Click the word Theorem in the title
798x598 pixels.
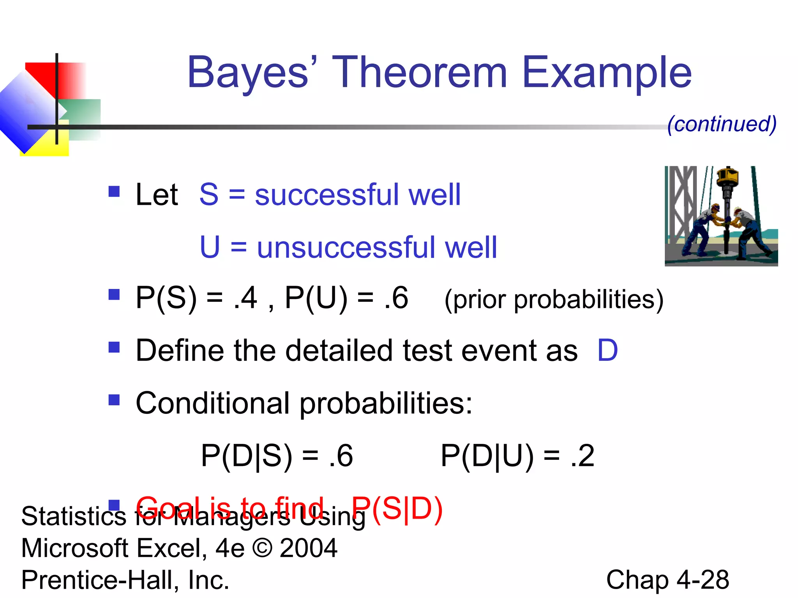pos(419,72)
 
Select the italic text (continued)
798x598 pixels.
pos(722,124)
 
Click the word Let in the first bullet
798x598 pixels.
pos(156,195)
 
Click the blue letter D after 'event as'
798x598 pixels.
pos(607,350)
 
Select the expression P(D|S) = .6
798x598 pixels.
pos(277,456)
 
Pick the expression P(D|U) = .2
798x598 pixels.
pos(517,456)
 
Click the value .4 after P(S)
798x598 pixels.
pos(245,298)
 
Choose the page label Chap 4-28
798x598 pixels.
pos(667,580)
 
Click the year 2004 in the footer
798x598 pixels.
pos(308,548)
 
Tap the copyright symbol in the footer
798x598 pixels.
pos(262,548)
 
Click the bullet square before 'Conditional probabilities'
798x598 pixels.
pos(114,400)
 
